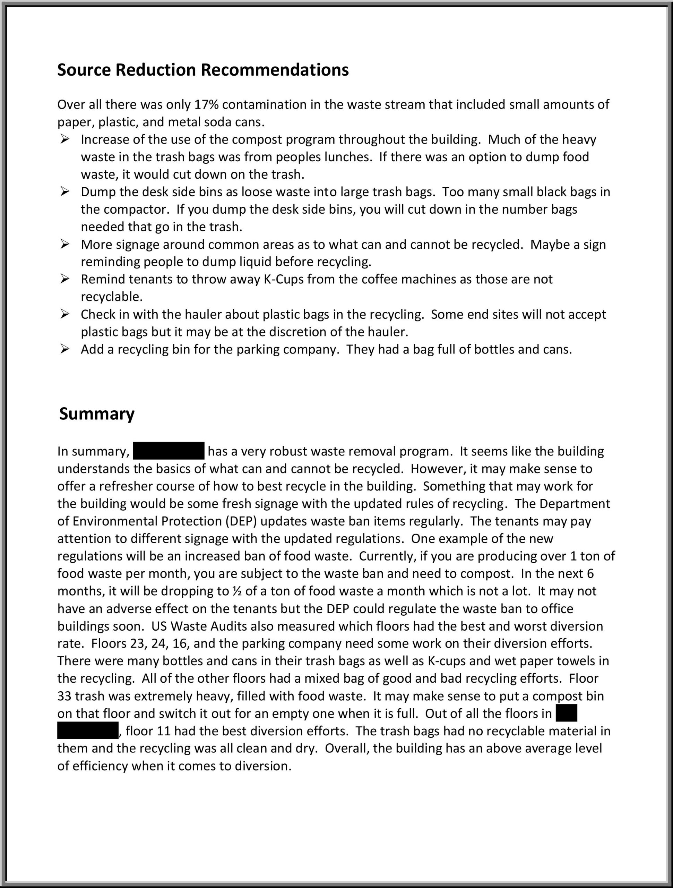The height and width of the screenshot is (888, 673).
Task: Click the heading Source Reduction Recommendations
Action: tap(202, 70)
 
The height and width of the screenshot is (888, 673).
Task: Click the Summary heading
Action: tap(97, 414)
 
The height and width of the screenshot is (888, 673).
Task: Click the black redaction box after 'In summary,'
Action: tap(169, 451)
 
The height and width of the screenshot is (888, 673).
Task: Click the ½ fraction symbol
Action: tap(236, 591)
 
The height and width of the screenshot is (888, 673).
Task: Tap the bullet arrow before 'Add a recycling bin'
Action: tap(65, 349)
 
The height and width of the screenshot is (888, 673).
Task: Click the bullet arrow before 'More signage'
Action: tap(65, 244)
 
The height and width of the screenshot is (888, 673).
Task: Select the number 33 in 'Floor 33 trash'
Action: tap(64, 696)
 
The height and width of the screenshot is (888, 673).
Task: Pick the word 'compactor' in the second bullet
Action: tap(132, 210)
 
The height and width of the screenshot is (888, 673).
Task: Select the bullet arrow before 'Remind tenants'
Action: tap(65, 279)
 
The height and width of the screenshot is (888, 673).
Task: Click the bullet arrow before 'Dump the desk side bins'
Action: tap(65, 192)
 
